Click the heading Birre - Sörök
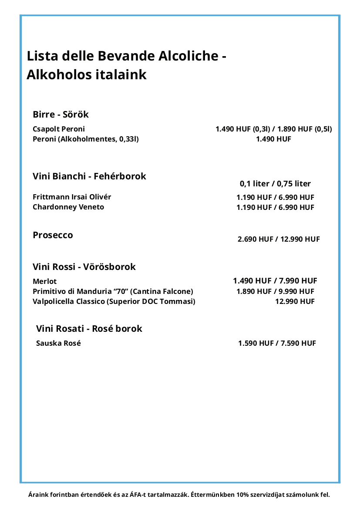point(61,115)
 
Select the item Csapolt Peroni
point(59,129)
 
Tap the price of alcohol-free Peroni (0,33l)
point(273,139)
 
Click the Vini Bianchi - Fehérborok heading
point(89,176)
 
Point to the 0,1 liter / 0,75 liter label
point(275,184)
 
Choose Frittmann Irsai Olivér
point(72,197)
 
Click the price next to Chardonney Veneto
point(275,207)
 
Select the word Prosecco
point(53,235)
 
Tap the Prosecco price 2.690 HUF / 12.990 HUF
point(279,239)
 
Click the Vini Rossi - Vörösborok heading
point(84,267)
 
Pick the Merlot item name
point(44,281)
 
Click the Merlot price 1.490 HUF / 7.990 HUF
point(275,281)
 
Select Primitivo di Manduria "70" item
point(113,291)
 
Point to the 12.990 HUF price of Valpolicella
point(295,301)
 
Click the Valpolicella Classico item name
point(114,301)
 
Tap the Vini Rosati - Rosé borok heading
point(89,329)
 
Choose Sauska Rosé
point(58,343)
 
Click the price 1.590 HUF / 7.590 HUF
point(277,343)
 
